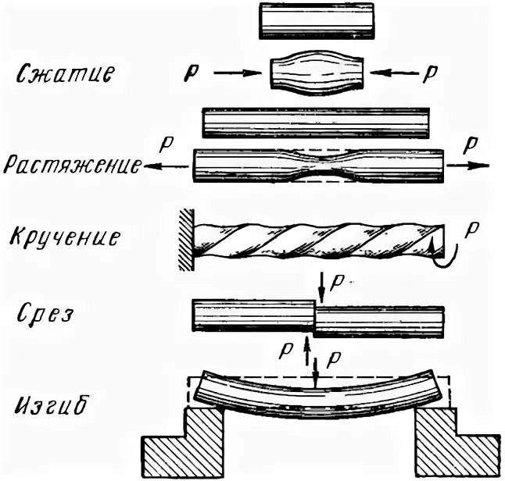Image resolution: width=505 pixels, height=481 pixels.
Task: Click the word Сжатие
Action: (68, 75)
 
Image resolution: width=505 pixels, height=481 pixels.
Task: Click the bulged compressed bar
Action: (316, 74)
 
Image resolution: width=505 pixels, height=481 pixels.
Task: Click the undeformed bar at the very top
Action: (317, 20)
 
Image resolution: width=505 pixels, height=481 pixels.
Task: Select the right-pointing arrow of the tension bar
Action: (471, 165)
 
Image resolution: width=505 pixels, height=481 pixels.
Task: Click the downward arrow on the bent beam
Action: (315, 373)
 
